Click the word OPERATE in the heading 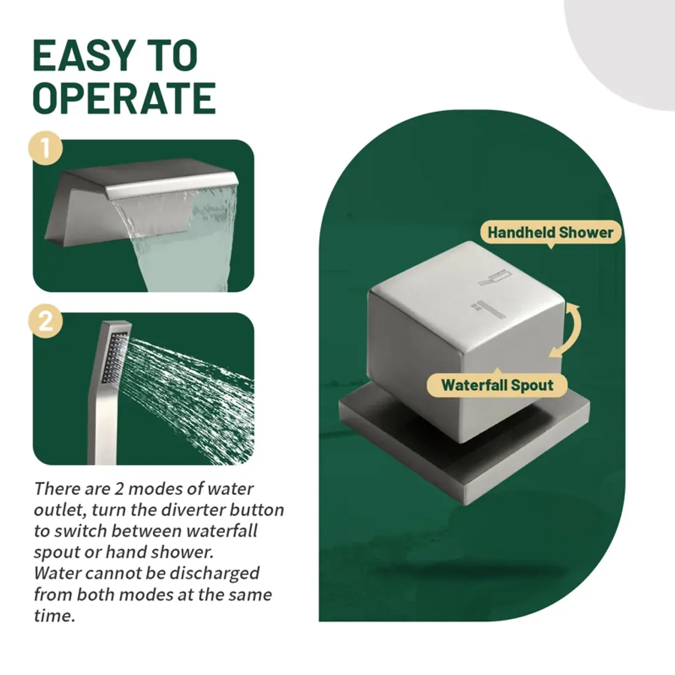click(125, 98)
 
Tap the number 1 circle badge click(45, 148)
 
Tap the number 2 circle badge click(45, 321)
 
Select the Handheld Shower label click(550, 233)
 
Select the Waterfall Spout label click(497, 384)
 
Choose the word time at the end click(54, 616)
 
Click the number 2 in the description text click(119, 488)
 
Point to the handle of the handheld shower click(102, 424)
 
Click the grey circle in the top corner click(624, 47)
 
